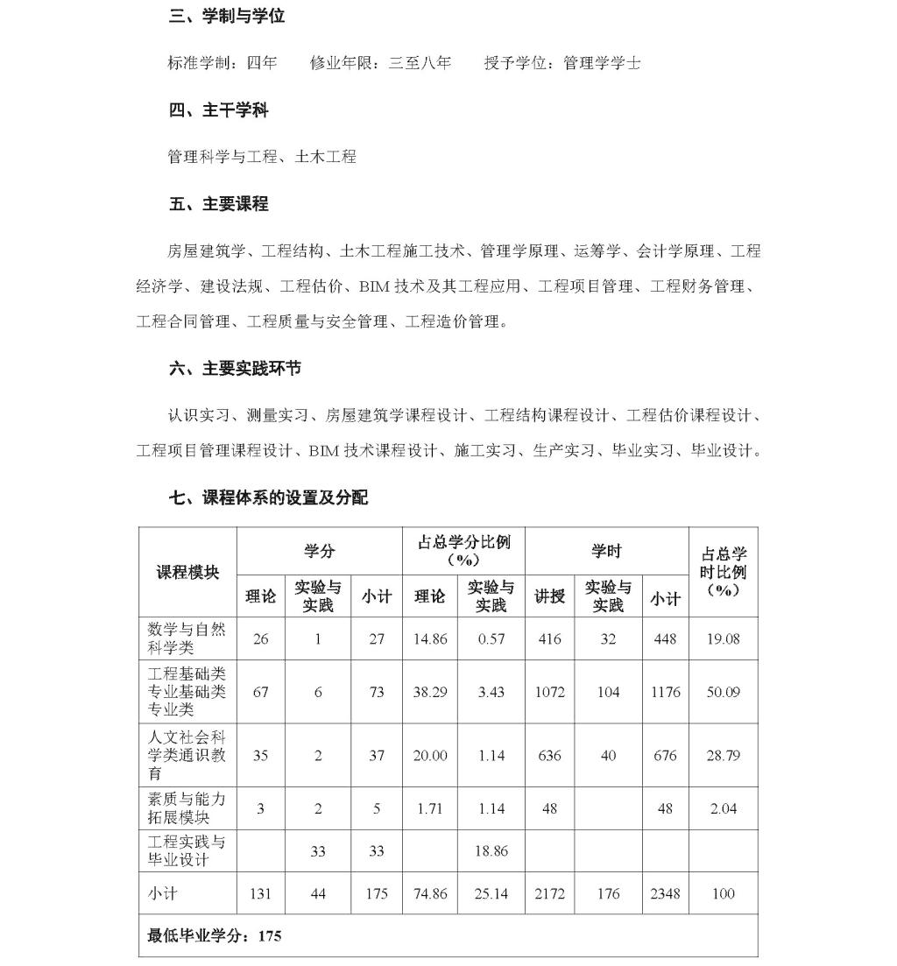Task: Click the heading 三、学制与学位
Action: click(x=226, y=17)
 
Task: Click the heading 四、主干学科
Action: click(x=218, y=110)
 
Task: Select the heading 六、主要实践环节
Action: click(x=235, y=369)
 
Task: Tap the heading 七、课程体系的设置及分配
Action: click(x=268, y=497)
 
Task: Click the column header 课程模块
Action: click(x=187, y=572)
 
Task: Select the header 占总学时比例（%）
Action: click(x=723, y=572)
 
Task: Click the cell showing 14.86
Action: click(x=430, y=638)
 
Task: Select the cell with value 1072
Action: click(x=549, y=692)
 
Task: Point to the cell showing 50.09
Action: click(x=723, y=692)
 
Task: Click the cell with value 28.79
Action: click(x=723, y=755)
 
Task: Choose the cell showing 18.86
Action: click(x=491, y=850)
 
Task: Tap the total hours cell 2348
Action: click(x=665, y=894)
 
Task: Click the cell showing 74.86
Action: click(x=430, y=894)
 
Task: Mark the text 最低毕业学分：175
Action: click(x=215, y=935)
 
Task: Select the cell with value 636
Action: click(x=549, y=755)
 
